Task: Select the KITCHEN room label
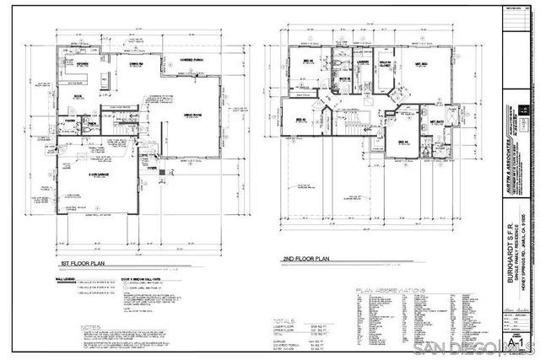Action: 84,64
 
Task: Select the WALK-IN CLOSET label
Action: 387,63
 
